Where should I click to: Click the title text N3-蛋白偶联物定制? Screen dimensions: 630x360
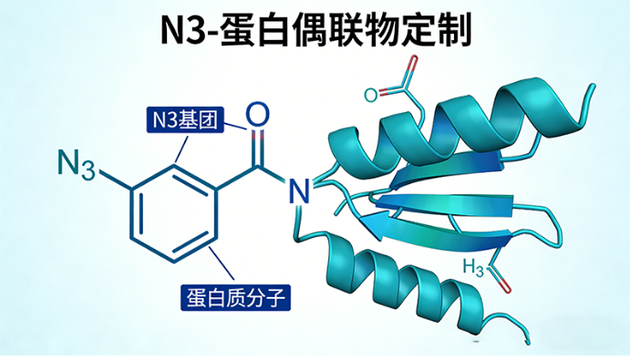(x=315, y=30)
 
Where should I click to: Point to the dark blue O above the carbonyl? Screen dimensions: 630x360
(x=258, y=115)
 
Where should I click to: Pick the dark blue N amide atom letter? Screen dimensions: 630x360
(x=298, y=190)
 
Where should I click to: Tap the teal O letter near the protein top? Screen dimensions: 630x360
(x=370, y=94)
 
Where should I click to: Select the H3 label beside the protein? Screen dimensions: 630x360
(x=472, y=268)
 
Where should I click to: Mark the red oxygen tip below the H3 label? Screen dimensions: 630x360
(x=505, y=288)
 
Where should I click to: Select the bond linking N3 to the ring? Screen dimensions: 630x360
(x=115, y=180)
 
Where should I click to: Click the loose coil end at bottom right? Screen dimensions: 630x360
(x=526, y=338)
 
